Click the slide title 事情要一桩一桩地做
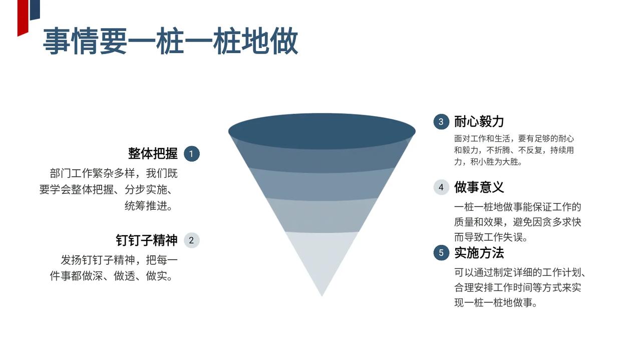click(x=170, y=41)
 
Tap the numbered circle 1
click(x=191, y=154)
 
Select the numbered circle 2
click(x=191, y=240)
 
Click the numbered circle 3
click(x=441, y=122)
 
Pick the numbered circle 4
click(x=441, y=187)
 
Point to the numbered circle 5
click(x=441, y=253)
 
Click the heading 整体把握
click(x=153, y=154)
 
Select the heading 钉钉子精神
click(x=147, y=240)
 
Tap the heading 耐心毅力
click(x=479, y=122)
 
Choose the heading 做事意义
click(x=479, y=187)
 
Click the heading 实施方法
click(x=479, y=253)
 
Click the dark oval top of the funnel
click(x=322, y=130)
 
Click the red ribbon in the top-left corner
click(x=23, y=18)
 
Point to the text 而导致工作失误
click(x=491, y=237)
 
